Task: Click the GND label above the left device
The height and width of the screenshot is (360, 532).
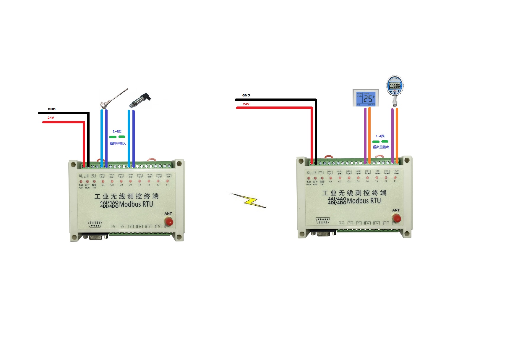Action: (x=52, y=109)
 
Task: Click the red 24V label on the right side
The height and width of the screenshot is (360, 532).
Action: (x=246, y=104)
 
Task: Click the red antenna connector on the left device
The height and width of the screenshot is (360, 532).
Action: (x=169, y=221)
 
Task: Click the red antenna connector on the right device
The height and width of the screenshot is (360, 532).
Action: (x=397, y=218)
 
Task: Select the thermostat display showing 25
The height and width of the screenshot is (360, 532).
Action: (x=366, y=98)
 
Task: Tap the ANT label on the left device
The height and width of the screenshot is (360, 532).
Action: (x=168, y=214)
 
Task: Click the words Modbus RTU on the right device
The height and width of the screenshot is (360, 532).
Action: (x=364, y=201)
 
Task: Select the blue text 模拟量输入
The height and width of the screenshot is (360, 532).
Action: (x=118, y=143)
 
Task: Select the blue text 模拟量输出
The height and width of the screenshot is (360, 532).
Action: (x=381, y=147)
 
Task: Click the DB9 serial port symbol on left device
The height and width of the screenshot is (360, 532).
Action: (x=95, y=224)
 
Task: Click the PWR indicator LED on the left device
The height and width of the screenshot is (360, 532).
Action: (x=81, y=181)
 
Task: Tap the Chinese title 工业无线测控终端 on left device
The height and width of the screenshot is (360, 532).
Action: (x=126, y=196)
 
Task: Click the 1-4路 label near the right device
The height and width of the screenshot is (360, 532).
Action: (x=380, y=136)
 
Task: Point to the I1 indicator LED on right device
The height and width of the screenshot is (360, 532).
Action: (x=395, y=177)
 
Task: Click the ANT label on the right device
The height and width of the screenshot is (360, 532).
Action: (x=396, y=210)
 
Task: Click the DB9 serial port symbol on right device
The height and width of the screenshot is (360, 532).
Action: (x=322, y=221)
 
